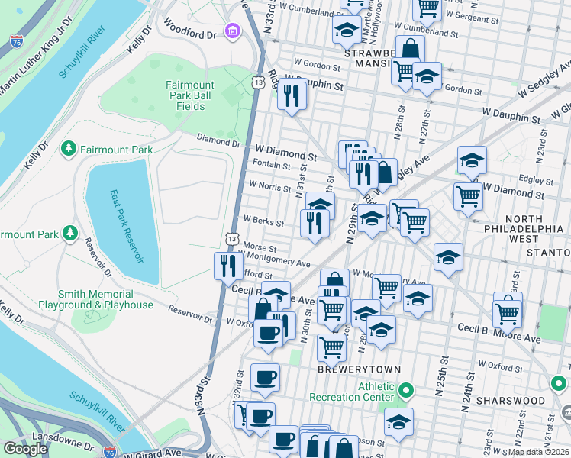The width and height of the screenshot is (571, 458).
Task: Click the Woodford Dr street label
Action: (190, 34)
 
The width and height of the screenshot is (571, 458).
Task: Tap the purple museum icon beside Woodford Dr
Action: (231, 31)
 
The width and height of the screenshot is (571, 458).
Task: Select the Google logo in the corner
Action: (25, 449)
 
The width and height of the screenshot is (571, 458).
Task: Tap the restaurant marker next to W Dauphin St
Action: (292, 95)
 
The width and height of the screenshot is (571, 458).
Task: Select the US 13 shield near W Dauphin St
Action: (260, 82)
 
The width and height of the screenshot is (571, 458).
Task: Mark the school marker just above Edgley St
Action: (473, 162)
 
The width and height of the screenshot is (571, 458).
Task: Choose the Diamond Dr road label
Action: (218, 141)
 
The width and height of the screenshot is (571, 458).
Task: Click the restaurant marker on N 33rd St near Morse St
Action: (227, 266)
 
